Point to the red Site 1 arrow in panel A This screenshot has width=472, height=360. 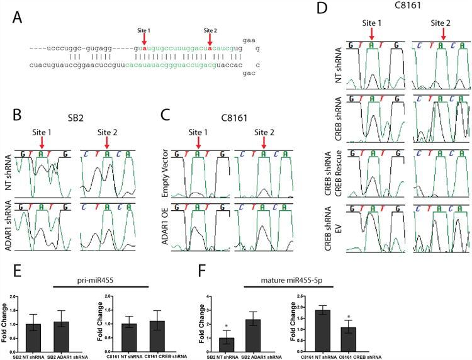tap(144, 40)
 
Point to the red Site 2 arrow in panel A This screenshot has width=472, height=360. tap(209, 40)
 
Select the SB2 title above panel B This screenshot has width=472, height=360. tap(78, 119)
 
